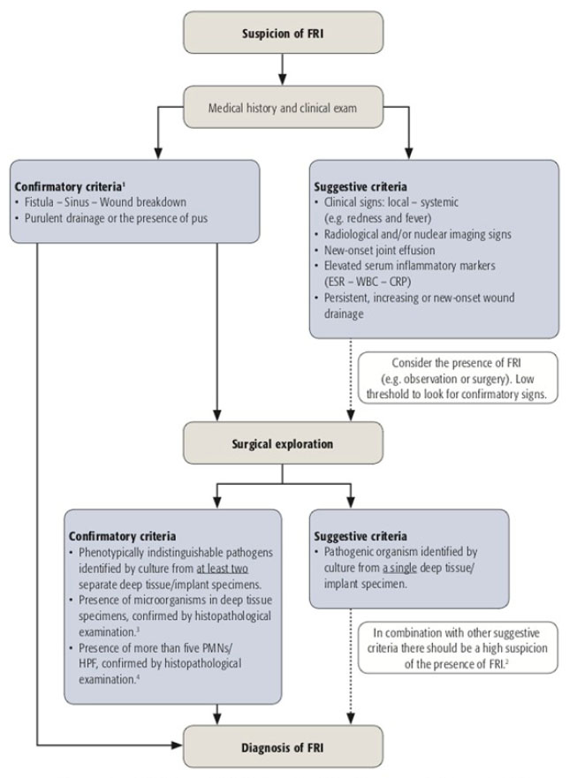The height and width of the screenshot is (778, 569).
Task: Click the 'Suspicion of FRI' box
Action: pos(283,33)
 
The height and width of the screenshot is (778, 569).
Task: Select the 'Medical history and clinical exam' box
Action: pos(283,107)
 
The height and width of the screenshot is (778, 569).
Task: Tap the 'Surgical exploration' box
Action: pos(283,443)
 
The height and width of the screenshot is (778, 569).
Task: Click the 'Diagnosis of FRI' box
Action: pos(283,747)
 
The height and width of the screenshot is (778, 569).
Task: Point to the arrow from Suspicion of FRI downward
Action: pos(283,70)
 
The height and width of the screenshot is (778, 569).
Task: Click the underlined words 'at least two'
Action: pos(222,568)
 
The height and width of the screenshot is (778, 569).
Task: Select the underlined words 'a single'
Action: pos(399,568)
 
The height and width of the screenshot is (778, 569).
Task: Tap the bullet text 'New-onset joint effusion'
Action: pos(379,250)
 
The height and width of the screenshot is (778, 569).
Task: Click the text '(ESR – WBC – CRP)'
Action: pos(368,282)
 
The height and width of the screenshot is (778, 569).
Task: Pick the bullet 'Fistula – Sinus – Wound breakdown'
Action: pos(105,202)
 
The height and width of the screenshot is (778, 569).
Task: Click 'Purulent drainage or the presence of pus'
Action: pos(116,218)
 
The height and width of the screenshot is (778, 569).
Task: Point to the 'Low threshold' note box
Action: pos(458,378)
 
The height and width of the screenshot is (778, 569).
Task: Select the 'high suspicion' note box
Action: pos(458,648)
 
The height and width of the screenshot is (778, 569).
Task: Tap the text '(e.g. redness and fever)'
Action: pos(378,218)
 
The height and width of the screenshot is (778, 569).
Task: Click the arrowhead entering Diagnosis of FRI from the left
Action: pos(178,744)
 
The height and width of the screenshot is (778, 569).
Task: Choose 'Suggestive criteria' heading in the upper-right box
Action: pos(360,187)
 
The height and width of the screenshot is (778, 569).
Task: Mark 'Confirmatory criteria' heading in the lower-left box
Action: pos(122,536)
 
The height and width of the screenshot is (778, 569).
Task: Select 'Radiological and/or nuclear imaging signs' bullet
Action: pos(418,234)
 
